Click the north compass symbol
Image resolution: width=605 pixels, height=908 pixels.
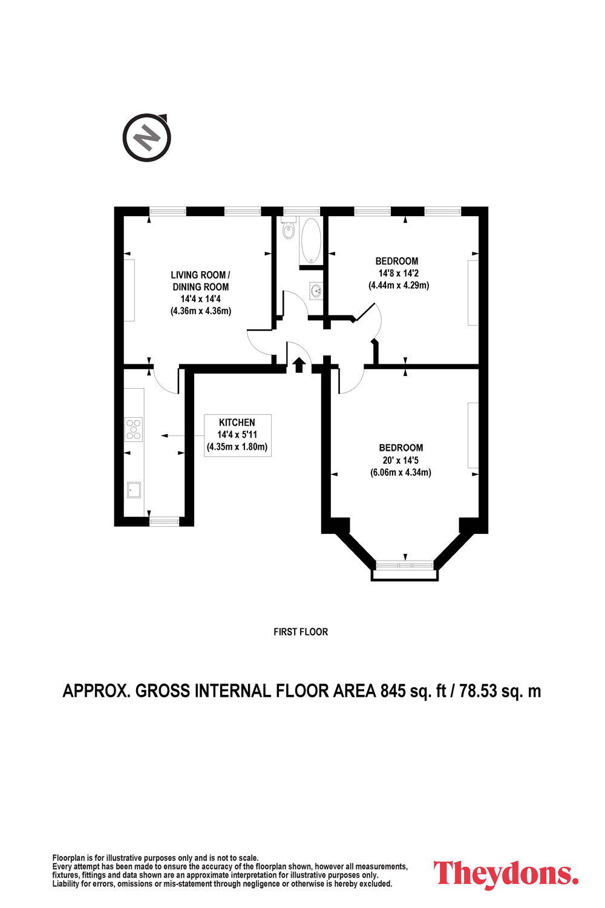click(146, 137)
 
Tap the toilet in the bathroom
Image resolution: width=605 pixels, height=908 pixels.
click(289, 228)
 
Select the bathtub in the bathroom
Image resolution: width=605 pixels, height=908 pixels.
click(311, 240)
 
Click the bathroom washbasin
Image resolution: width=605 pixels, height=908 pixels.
click(316, 291)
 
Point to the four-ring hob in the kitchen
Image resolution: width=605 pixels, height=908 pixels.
click(134, 429)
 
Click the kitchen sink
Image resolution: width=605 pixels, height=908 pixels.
click(134, 490)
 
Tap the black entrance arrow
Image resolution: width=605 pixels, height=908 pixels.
click(299, 365)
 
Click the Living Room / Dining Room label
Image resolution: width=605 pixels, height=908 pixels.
click(201, 281)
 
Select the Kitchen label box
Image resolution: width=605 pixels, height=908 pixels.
click(237, 435)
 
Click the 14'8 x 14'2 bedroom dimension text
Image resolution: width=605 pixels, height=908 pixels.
click(398, 273)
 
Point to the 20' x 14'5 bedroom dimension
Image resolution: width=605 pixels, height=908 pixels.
click(401, 460)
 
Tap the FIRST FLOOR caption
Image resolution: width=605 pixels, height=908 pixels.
click(301, 632)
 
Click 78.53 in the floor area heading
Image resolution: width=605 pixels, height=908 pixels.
click(478, 691)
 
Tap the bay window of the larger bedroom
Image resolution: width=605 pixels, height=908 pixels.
click(405, 565)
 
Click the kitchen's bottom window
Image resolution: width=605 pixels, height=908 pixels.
click(164, 521)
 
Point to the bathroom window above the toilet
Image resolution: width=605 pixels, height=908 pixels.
click(301, 211)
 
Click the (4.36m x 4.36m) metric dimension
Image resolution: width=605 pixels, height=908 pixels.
click(201, 311)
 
